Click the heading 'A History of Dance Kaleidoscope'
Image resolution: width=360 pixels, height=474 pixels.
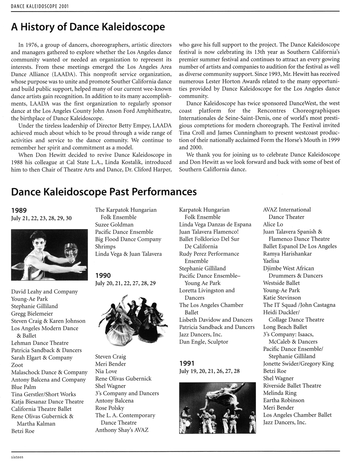point(88,27)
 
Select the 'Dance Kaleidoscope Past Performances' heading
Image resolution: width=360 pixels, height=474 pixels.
point(104,191)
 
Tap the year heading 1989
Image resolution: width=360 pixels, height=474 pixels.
point(19,210)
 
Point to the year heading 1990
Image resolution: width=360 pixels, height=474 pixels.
point(103,276)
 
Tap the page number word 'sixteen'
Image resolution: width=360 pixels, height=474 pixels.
point(17,457)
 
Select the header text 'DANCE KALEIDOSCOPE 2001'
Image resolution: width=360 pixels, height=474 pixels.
point(35,6)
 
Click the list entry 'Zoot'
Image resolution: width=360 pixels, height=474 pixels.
point(17,365)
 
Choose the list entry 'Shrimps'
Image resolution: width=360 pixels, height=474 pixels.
point(105,247)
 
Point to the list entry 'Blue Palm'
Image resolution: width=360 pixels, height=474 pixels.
point(23,387)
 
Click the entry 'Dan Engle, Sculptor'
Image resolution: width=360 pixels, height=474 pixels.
point(203,342)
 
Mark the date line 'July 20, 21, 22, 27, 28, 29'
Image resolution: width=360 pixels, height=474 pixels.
point(125,283)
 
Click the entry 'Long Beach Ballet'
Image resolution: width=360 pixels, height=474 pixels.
point(285,327)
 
